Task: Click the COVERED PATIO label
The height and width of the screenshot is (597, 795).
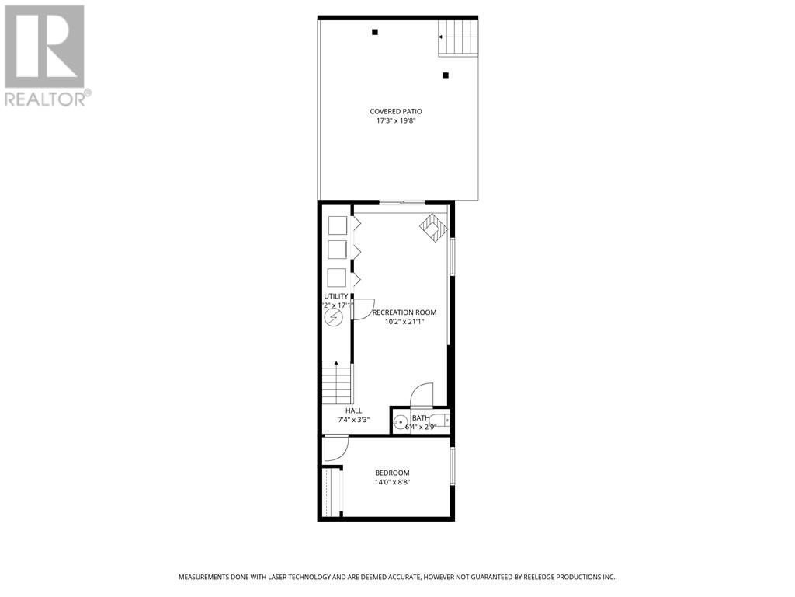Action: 396,112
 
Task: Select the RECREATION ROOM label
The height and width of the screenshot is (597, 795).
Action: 404,312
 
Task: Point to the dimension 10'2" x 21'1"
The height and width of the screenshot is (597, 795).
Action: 404,323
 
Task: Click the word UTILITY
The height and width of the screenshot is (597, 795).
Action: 335,297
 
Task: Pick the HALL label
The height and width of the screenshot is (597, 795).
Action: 353,410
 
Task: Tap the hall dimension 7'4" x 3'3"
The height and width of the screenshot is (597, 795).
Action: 353,421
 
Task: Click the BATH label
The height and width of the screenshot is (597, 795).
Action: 420,418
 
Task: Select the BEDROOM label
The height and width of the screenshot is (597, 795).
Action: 392,473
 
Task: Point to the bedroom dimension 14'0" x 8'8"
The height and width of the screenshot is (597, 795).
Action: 392,483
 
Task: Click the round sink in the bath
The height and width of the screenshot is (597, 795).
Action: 401,423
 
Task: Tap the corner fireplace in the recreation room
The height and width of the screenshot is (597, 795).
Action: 434,228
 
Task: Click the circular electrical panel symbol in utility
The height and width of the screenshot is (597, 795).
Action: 333,317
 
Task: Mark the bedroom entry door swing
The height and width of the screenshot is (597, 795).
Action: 335,449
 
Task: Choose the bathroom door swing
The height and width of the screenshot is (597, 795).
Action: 422,393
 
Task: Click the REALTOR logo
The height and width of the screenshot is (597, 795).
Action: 45,54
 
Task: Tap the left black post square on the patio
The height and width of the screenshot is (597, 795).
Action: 375,32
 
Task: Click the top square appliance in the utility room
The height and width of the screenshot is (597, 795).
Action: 337,225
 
